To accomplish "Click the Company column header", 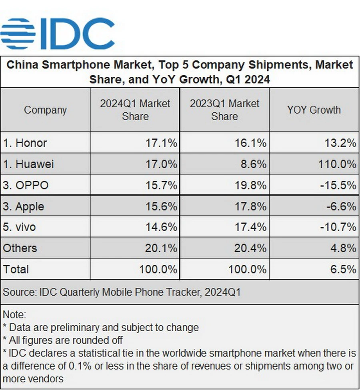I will tap(45, 110).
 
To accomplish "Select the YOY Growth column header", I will tap(314, 110).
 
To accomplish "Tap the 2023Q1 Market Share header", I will tap(224, 110).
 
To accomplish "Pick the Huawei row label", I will tap(28, 164).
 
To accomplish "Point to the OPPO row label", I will tap(26, 185).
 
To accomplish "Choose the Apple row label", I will tap(24, 206).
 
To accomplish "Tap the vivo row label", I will tap(20, 227).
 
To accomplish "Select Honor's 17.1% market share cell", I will tap(161, 143).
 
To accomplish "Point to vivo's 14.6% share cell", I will tap(161, 227).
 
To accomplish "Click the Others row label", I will tap(20, 248).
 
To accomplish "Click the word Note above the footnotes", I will tap(14, 315).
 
